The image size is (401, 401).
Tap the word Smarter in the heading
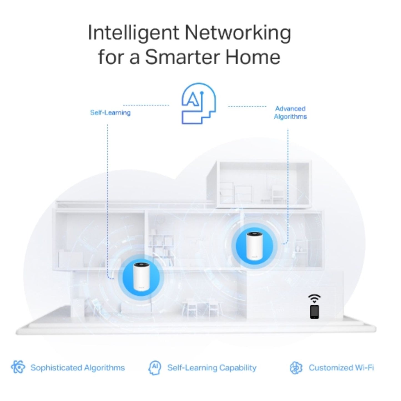point(182,57)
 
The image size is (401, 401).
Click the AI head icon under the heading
point(198,103)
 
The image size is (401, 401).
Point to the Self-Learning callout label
point(110,113)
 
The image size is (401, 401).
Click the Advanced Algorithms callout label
point(290,113)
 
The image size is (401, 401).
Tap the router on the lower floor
point(141,277)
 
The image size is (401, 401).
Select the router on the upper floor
point(254,246)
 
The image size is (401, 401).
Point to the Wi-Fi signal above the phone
point(314,298)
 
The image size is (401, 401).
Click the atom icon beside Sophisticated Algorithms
point(18,367)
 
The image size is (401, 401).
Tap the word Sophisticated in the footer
point(56,368)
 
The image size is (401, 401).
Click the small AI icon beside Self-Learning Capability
point(155,367)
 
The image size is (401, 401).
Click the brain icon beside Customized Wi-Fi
point(296,368)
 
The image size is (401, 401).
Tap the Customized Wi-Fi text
point(341,368)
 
